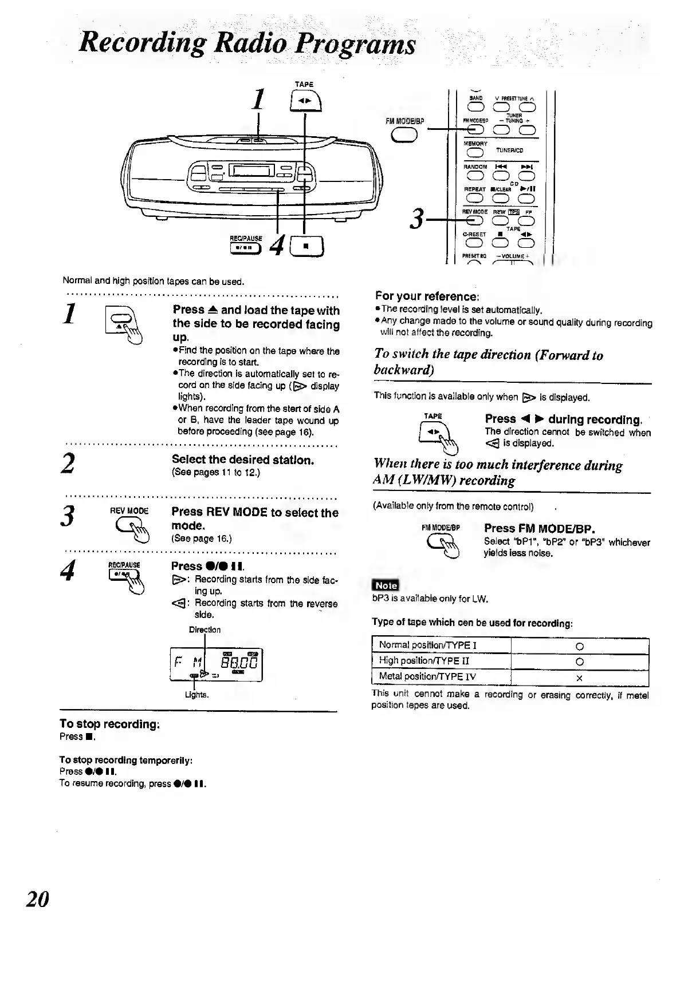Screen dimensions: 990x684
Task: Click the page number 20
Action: [x=38, y=899]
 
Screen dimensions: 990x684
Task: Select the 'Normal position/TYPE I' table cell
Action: [x=441, y=646]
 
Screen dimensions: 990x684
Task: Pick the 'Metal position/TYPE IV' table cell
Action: [x=441, y=677]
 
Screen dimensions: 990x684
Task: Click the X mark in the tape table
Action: [x=579, y=678]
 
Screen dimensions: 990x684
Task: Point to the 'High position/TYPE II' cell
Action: [x=441, y=661]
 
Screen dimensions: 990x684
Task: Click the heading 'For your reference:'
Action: [x=427, y=296]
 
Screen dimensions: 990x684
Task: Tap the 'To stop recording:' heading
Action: [x=109, y=724]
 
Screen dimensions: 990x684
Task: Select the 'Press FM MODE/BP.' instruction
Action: [x=540, y=528]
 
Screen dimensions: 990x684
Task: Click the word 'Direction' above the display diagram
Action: [x=205, y=629]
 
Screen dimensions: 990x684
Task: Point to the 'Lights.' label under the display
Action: [x=196, y=695]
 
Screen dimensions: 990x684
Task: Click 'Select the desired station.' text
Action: [x=243, y=460]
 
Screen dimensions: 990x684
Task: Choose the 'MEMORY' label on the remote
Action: [x=475, y=144]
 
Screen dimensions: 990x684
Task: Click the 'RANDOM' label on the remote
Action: [x=475, y=167]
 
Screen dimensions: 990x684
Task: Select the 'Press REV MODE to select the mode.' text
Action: [x=255, y=518]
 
